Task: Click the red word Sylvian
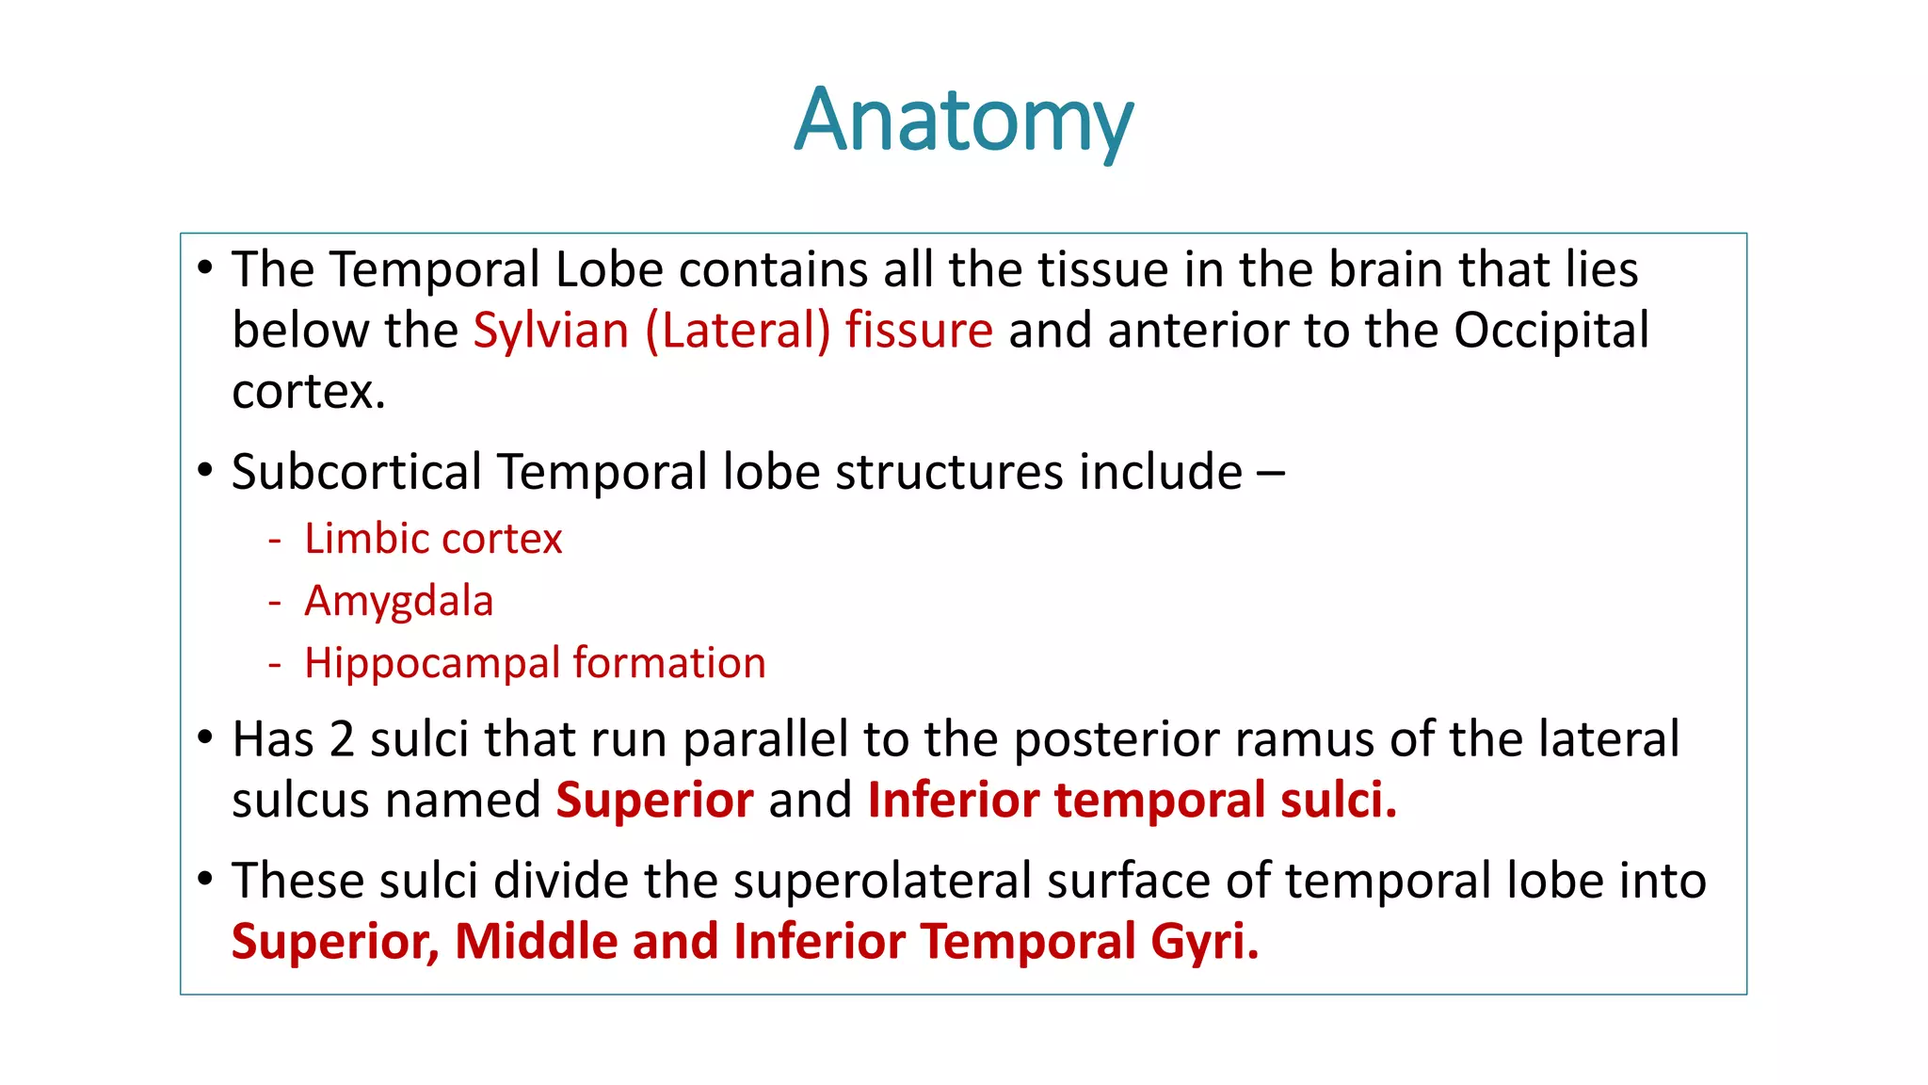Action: coord(551,331)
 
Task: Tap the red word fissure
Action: coord(919,331)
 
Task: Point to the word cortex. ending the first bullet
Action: coord(309,392)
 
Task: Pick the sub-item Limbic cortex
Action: coord(433,540)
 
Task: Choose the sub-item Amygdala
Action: coord(398,602)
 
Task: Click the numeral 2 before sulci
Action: coord(342,739)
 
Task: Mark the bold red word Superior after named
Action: coord(654,801)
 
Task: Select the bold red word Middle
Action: coord(536,942)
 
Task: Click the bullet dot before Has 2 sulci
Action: coord(205,737)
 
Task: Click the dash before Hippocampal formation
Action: coord(275,665)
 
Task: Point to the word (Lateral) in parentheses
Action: coord(737,331)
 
